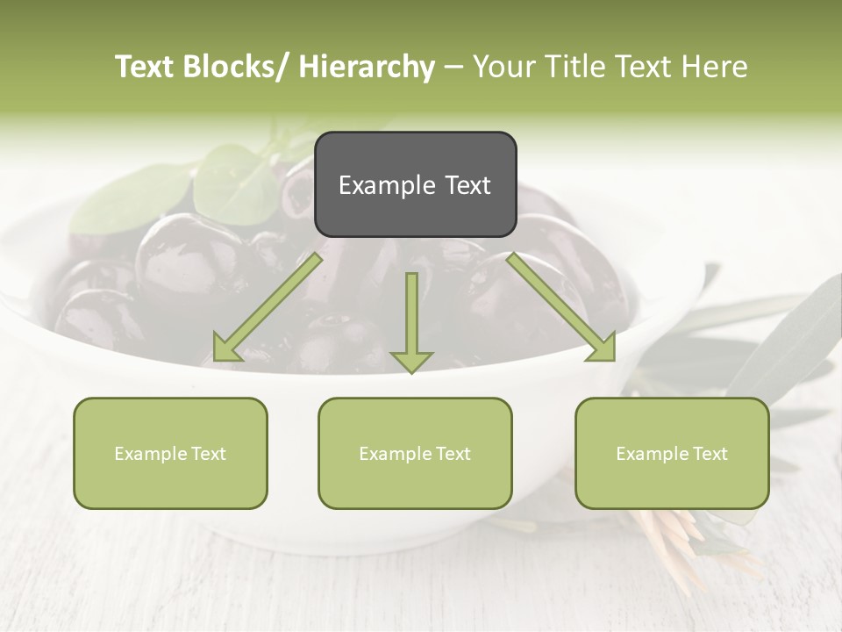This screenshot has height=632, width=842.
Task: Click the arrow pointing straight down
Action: tap(412, 320)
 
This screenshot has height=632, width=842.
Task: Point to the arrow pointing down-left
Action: tap(268, 307)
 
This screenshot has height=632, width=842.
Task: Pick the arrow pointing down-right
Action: tap(561, 307)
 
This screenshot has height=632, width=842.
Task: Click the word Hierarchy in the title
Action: tap(366, 67)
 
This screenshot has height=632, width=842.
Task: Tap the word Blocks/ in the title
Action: tap(237, 67)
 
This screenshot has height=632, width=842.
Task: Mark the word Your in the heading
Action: tap(503, 67)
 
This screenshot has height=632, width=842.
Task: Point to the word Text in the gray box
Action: tap(467, 185)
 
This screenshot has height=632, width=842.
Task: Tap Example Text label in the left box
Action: tap(170, 454)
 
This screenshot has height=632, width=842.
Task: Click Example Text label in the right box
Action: tap(672, 454)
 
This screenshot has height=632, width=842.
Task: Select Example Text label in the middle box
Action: tap(415, 454)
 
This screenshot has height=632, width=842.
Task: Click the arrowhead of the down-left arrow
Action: tap(226, 349)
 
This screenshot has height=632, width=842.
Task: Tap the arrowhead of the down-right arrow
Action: tap(602, 348)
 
